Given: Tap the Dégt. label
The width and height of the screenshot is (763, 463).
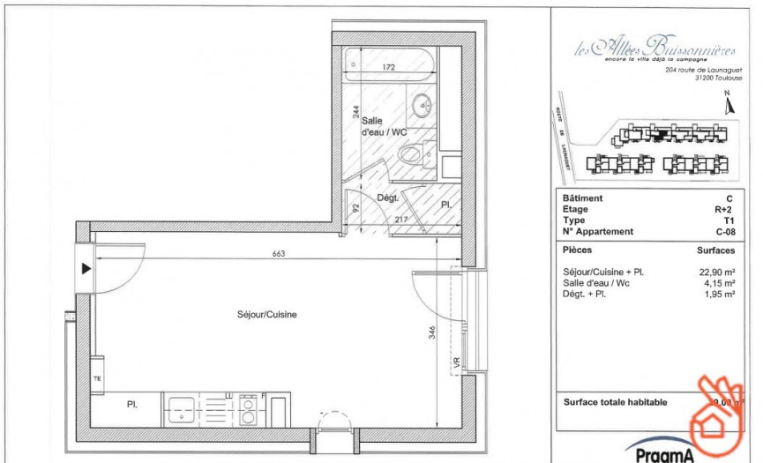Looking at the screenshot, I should (389, 198).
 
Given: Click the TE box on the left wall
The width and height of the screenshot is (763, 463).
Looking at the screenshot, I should (97, 377).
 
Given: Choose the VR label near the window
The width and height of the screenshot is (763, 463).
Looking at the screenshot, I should (456, 362).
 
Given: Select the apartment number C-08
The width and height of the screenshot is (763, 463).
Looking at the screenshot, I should (724, 232).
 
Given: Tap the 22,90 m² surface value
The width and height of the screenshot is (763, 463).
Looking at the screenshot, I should (717, 273).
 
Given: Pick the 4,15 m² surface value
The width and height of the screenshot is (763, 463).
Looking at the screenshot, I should (720, 283).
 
